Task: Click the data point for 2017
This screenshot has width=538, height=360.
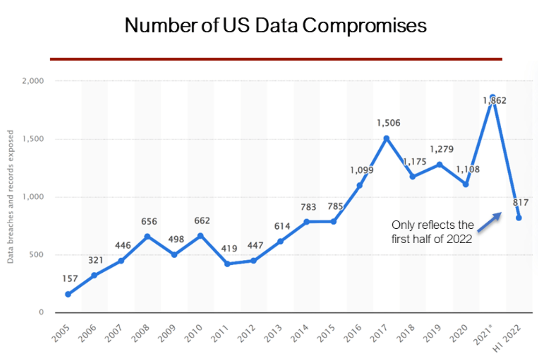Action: point(386,138)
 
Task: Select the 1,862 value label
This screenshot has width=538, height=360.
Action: point(495,101)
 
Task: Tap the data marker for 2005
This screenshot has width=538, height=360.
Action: point(68,294)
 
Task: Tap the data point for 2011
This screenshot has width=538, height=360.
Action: point(227,264)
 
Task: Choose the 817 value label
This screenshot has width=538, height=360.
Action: point(520,203)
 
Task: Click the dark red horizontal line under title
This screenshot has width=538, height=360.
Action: point(276,59)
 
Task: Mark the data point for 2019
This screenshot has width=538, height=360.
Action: point(439,165)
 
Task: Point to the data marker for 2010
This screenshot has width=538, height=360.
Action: point(201,236)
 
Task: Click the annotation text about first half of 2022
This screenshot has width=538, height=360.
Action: point(433,232)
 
